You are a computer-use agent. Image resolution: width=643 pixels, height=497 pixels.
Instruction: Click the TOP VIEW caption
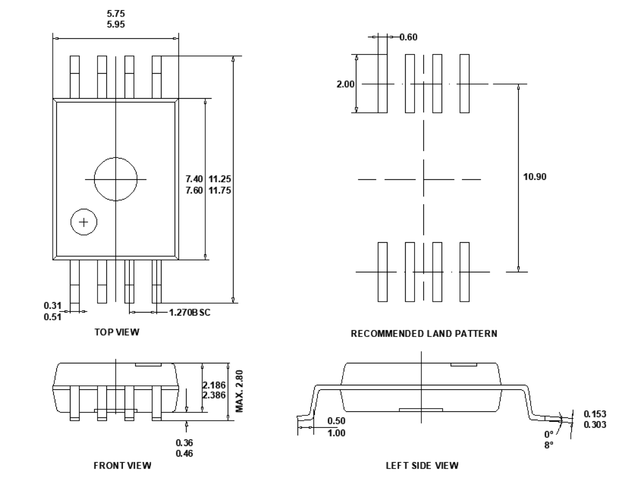point(117,332)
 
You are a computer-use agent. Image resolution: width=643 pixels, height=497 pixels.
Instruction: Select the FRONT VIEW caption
point(122,465)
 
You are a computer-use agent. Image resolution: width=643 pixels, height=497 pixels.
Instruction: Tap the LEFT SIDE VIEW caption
point(422,465)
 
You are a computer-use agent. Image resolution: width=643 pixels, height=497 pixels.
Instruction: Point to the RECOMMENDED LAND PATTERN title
point(424,334)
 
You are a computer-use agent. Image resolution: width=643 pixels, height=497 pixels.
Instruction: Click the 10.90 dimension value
point(534,177)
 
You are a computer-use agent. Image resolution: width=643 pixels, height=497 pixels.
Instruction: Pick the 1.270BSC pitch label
point(190,312)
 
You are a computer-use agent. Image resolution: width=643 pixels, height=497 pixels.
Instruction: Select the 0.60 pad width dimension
point(408,37)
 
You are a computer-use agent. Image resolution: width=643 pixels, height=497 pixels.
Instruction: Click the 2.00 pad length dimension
point(345,84)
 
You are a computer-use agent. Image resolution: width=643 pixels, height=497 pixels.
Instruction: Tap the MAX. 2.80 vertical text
point(239,390)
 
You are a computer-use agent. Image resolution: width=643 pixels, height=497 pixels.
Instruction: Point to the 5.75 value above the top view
point(116,14)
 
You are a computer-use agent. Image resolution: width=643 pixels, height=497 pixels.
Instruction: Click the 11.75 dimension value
point(220,190)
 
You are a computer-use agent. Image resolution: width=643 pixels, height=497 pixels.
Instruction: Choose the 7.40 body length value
point(194,179)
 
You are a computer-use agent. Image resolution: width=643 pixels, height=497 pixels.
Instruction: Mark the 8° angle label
point(549,445)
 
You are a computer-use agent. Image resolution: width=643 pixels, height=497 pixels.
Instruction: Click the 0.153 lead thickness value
point(595,414)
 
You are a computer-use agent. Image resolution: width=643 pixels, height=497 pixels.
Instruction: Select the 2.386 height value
point(214,395)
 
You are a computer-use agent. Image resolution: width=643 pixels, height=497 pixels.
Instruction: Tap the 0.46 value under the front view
point(184,453)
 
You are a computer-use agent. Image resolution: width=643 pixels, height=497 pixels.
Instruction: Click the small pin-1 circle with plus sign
point(84,222)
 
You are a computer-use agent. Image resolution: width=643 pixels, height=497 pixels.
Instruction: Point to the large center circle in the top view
point(116,179)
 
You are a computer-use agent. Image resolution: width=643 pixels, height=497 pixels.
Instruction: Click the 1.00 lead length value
point(336,433)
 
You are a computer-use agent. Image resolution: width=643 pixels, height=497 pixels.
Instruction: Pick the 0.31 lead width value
point(52,305)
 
